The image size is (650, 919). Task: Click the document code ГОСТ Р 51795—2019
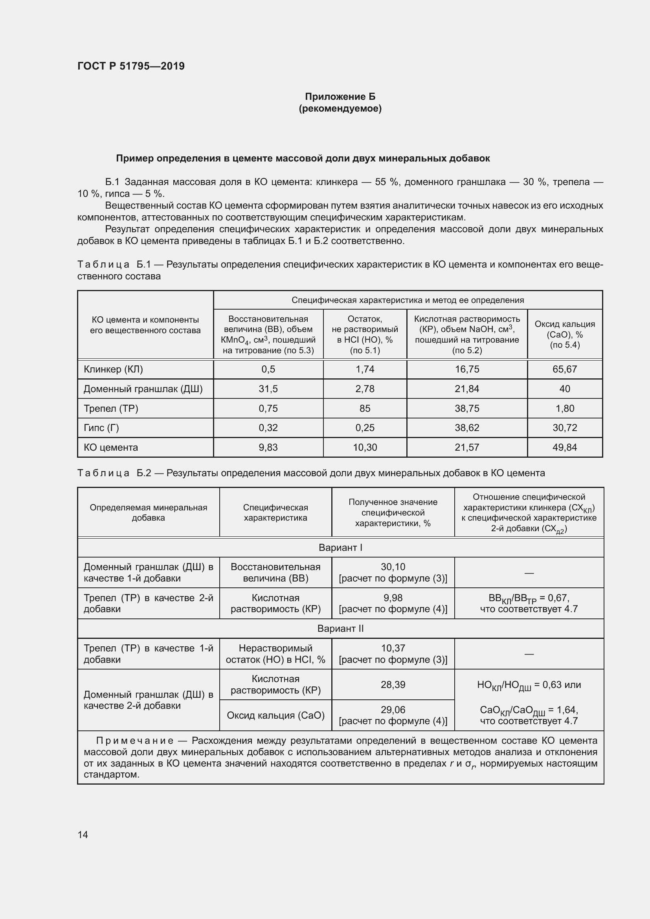(131, 66)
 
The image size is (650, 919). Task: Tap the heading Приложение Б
(340, 97)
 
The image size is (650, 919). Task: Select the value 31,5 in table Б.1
(268, 389)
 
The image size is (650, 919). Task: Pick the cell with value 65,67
(564, 369)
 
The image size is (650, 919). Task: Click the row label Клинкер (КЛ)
(113, 369)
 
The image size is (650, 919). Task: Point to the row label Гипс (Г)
(101, 427)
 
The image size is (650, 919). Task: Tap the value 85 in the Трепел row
(365, 408)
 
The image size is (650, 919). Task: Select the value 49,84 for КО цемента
(564, 447)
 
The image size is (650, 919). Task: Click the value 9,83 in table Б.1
(268, 447)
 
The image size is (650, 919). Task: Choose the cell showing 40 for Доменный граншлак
(564, 389)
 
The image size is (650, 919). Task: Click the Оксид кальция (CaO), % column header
(564, 334)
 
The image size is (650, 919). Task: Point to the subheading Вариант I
(340, 547)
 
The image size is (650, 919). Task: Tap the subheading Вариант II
(340, 628)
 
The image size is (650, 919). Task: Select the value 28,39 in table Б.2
(393, 684)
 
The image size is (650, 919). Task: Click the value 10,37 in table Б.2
(393, 648)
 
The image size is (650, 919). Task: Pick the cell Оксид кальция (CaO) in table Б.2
(275, 715)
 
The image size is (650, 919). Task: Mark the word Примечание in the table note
(134, 741)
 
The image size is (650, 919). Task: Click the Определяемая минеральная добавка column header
(148, 512)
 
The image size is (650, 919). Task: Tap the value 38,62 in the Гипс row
(467, 427)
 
